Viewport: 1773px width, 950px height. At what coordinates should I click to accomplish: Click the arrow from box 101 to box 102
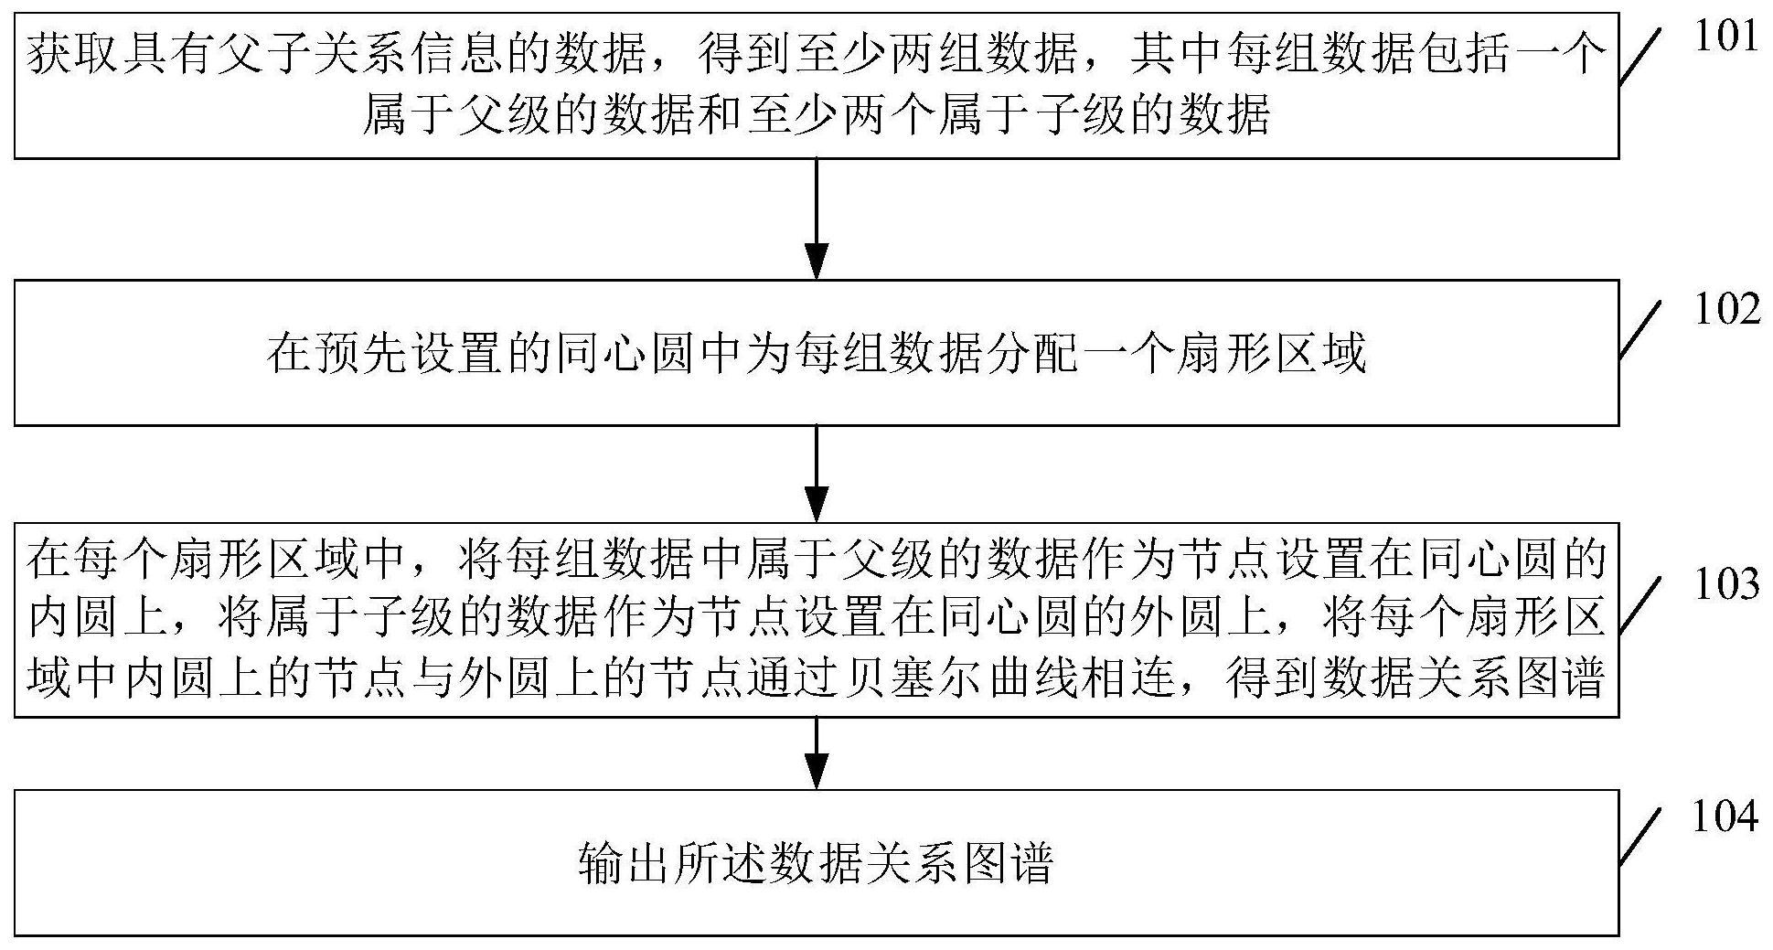(x=816, y=219)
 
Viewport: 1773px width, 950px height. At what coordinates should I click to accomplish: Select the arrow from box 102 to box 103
(x=816, y=474)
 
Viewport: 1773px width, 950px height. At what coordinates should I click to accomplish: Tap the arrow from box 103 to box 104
(x=816, y=753)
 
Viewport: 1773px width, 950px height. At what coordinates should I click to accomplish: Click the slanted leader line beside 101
(x=1641, y=57)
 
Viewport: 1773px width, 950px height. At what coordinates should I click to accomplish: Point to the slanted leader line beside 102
(x=1641, y=330)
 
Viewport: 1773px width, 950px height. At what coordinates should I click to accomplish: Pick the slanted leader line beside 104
(x=1641, y=837)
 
